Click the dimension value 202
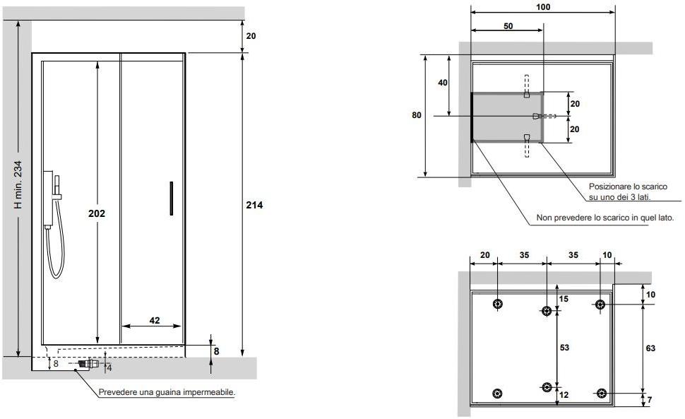[x=97, y=213]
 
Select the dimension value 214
[x=254, y=205]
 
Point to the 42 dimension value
[x=155, y=320]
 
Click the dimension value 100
[x=543, y=7]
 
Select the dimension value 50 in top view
[x=508, y=25]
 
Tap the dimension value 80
[x=417, y=114]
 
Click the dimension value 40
[x=443, y=83]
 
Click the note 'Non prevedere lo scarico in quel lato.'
[x=604, y=218]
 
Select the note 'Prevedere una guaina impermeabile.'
[x=167, y=392]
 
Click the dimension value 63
[x=650, y=348]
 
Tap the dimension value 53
[x=564, y=348]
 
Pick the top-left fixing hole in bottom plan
[x=499, y=305]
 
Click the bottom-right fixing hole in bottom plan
[x=601, y=394]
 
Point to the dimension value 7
[x=650, y=401]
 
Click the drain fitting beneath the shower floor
[x=85, y=365]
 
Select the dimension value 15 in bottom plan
[x=564, y=299]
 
